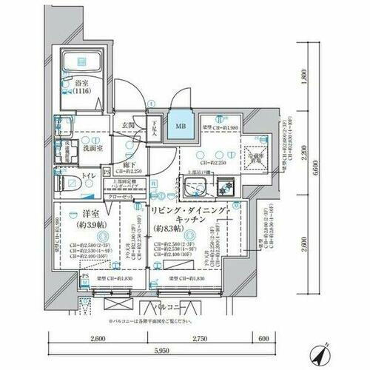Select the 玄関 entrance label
pyautogui.click(x=127, y=127)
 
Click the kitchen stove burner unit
pyautogui.click(x=227, y=188)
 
